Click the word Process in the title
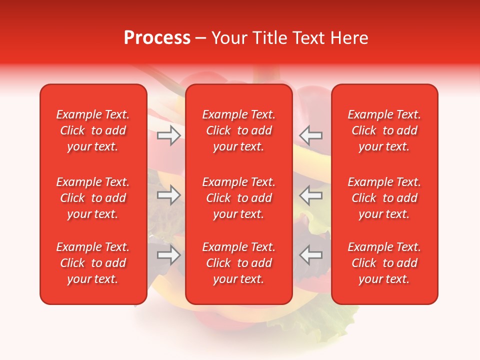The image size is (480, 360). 157,38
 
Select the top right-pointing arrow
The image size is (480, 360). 169,135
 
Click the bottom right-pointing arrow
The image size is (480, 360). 169,255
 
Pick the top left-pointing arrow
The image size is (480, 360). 311,135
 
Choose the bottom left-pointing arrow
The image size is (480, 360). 311,255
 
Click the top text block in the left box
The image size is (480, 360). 93,130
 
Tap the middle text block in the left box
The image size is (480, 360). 93,198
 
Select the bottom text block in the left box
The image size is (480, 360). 93,263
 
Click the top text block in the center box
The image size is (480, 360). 239,130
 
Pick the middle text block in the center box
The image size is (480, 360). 239,198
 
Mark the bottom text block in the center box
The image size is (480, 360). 239,263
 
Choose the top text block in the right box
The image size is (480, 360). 384,130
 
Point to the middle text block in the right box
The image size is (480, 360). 384,198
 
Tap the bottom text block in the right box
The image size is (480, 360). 384,263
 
